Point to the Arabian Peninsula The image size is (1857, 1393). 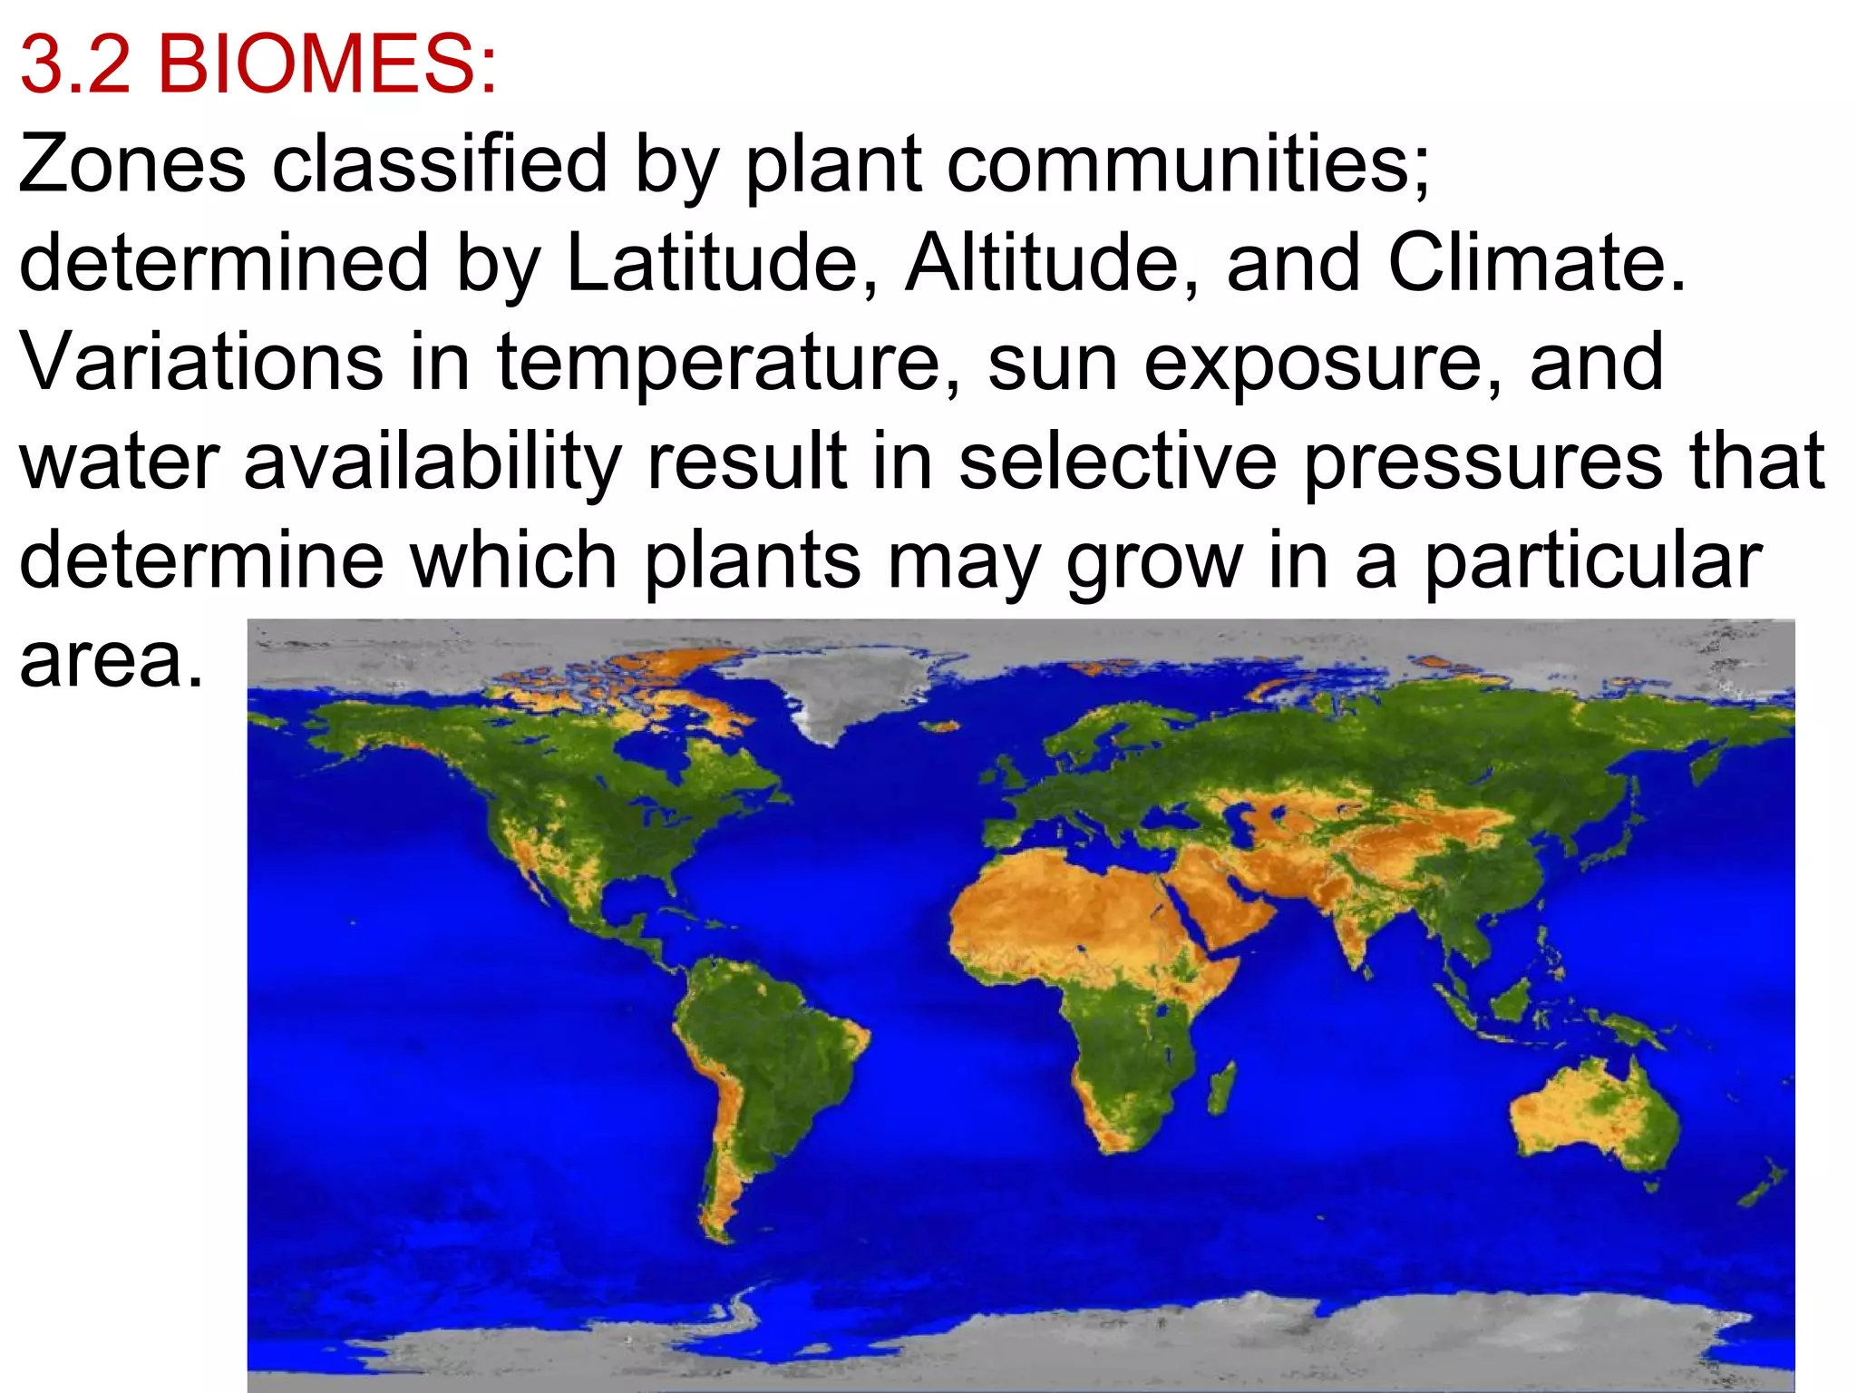[1224, 898]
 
